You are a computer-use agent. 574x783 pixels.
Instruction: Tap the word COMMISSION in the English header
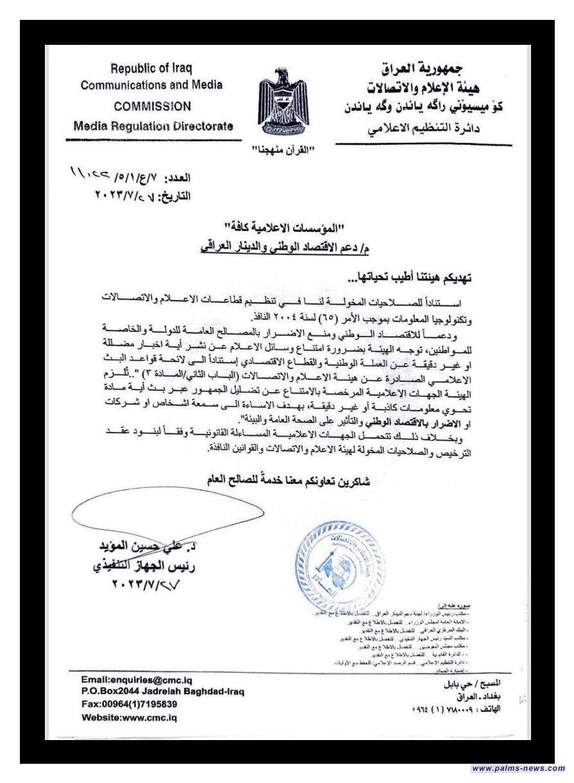click(x=152, y=106)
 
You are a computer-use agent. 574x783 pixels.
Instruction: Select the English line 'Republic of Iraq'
click(x=151, y=68)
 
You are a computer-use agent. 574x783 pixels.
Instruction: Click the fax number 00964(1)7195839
click(x=130, y=703)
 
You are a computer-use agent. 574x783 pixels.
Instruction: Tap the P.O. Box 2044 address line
click(x=163, y=691)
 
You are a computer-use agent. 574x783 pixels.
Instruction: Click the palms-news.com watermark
click(x=518, y=768)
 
